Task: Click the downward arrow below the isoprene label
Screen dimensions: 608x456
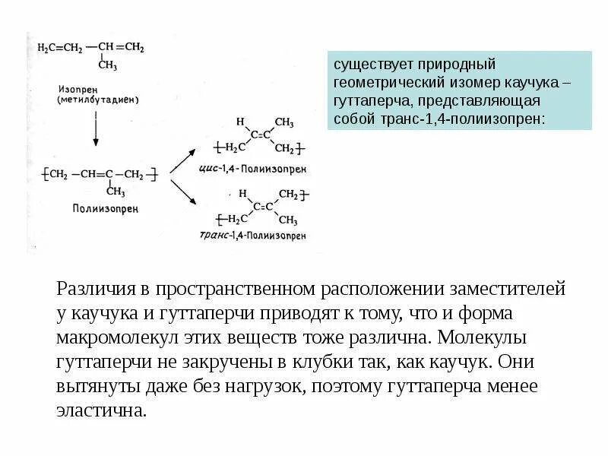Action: tap(94, 128)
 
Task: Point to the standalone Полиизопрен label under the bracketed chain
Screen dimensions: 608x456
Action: tap(99, 207)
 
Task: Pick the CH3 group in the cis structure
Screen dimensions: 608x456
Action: tap(284, 122)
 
